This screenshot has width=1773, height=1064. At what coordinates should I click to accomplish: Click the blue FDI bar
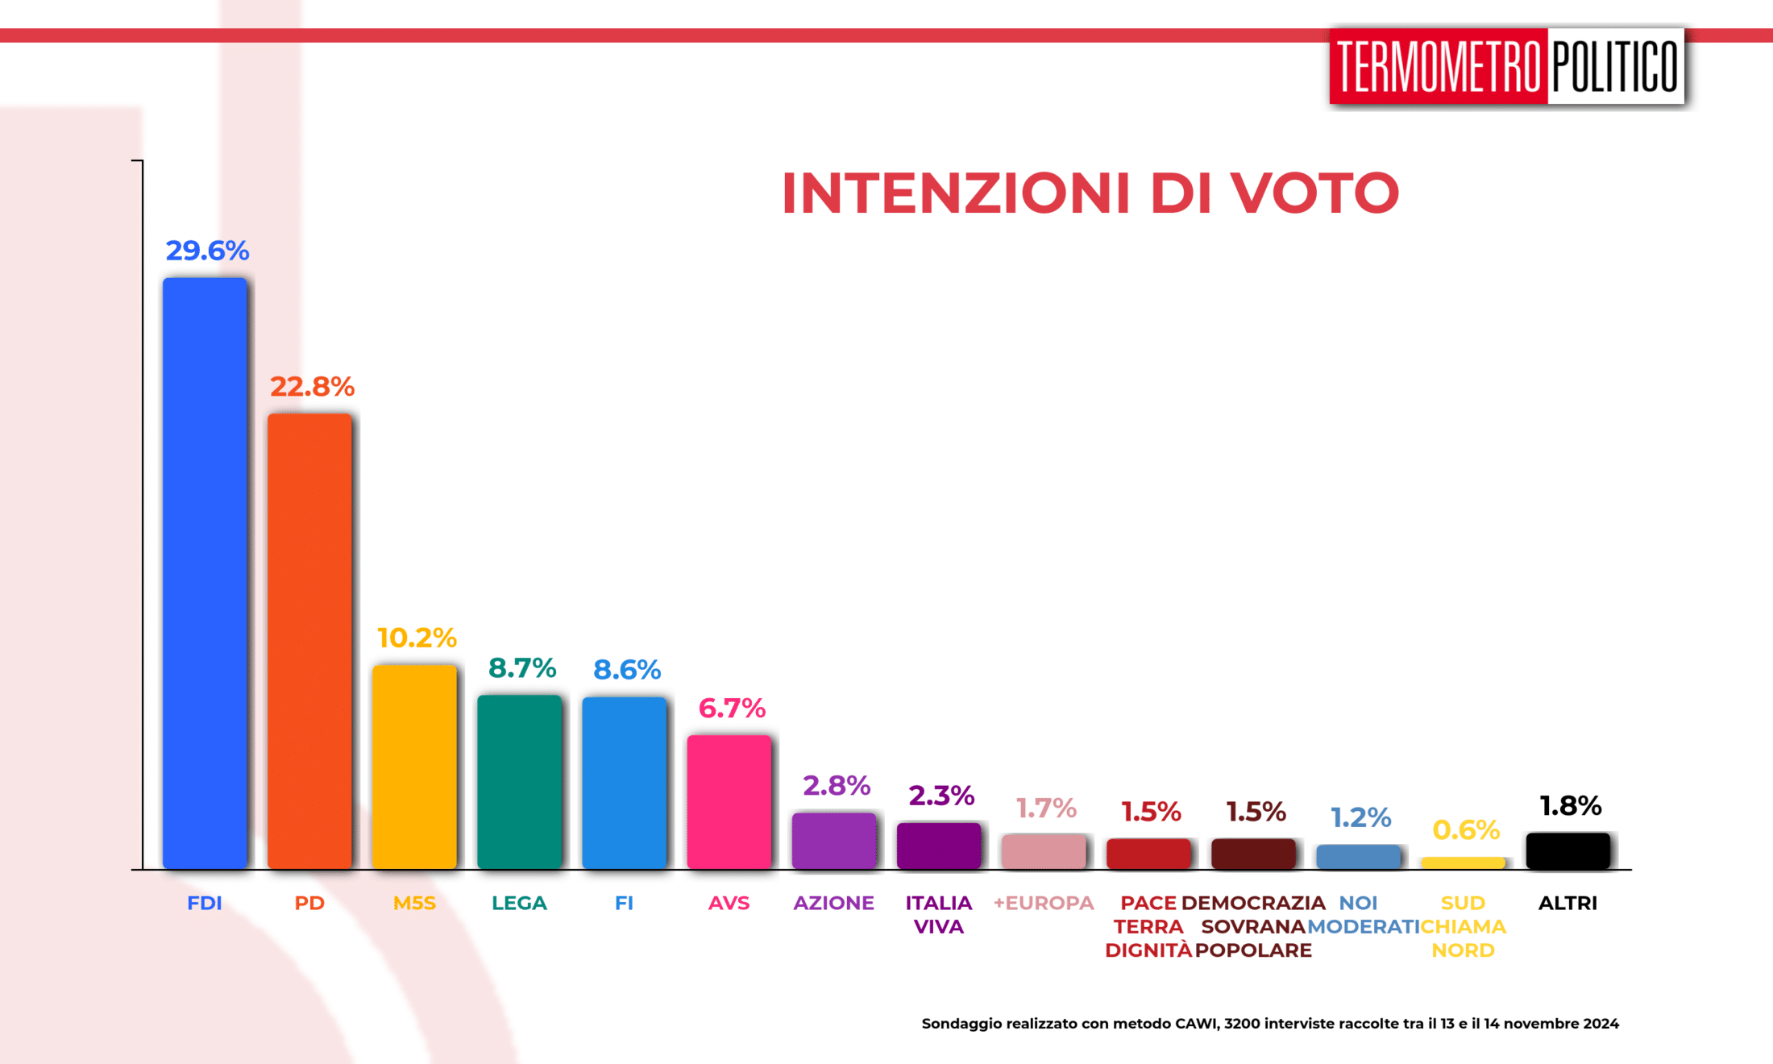(205, 572)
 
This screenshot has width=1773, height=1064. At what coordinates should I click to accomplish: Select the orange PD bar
(309, 641)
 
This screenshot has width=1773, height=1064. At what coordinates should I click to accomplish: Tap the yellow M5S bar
(414, 766)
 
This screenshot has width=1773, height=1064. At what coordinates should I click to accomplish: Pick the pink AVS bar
(729, 801)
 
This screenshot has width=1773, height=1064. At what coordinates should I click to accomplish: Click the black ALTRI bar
(1567, 851)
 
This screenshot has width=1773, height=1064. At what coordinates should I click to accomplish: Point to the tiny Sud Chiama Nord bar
(1463, 862)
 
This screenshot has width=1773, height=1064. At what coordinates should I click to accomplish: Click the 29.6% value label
(207, 251)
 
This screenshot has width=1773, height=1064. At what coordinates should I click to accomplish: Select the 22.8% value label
(312, 387)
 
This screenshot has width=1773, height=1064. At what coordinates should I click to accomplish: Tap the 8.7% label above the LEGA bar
(522, 667)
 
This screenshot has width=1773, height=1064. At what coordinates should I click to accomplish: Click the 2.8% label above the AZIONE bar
(837, 785)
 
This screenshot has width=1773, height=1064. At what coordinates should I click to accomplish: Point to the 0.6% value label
(1466, 829)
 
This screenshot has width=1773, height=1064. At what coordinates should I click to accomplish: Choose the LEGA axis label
(519, 903)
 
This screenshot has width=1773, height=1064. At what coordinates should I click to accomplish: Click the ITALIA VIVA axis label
(939, 914)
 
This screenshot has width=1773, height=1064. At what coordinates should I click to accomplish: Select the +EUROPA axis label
(1044, 903)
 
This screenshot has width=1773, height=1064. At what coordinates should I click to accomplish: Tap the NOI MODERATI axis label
(1360, 915)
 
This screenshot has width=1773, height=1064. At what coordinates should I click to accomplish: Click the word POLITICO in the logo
(1615, 66)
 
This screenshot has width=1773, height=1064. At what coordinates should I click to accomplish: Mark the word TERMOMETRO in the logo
(1439, 66)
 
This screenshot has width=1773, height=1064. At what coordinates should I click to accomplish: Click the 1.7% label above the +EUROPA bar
(1046, 808)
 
